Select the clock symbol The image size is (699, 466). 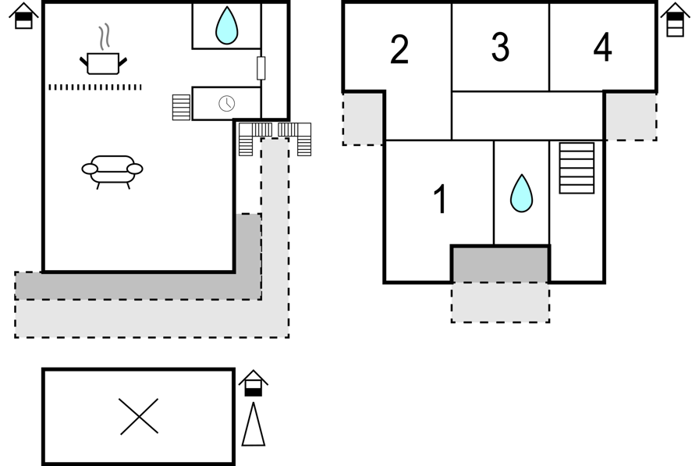tap(227, 104)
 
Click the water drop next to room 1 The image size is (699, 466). tap(521, 194)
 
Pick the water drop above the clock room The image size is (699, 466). tap(226, 26)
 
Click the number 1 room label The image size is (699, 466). tap(441, 199)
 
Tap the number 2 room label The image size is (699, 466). tap(399, 49)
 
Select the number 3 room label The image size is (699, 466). tap(500, 47)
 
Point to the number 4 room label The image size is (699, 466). tap(603, 47)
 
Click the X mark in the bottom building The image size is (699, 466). tap(139, 417)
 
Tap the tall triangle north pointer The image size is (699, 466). tap(254, 424)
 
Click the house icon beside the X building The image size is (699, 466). tap(254, 383)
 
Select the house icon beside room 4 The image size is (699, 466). tap(676, 20)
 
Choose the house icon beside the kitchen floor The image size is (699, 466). tap(23, 16)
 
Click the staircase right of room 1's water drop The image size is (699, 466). tap(577, 168)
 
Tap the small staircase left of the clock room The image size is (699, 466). tap(181, 108)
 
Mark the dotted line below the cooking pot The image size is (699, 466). tap(95, 87)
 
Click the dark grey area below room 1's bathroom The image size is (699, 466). tap(500, 264)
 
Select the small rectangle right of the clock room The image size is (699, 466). tap(261, 68)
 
